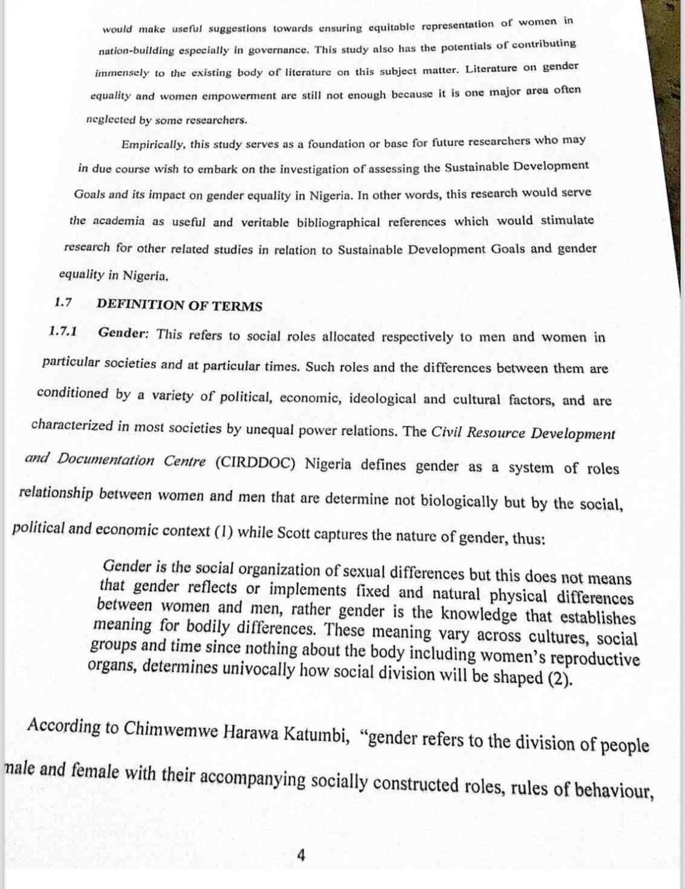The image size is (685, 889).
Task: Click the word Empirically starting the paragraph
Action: (x=153, y=145)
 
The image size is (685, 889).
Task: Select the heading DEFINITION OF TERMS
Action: (x=179, y=305)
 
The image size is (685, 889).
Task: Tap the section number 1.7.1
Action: (x=63, y=331)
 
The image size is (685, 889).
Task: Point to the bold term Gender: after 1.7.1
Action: (x=123, y=333)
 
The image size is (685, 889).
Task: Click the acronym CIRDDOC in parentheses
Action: (x=255, y=463)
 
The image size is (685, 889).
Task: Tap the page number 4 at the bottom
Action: (x=300, y=855)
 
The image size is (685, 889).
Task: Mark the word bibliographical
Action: (x=338, y=222)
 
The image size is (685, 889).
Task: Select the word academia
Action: (x=118, y=221)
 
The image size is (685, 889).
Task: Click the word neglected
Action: (x=111, y=119)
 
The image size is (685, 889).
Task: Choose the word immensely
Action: (x=122, y=73)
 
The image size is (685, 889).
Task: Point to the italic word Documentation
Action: (x=106, y=460)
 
